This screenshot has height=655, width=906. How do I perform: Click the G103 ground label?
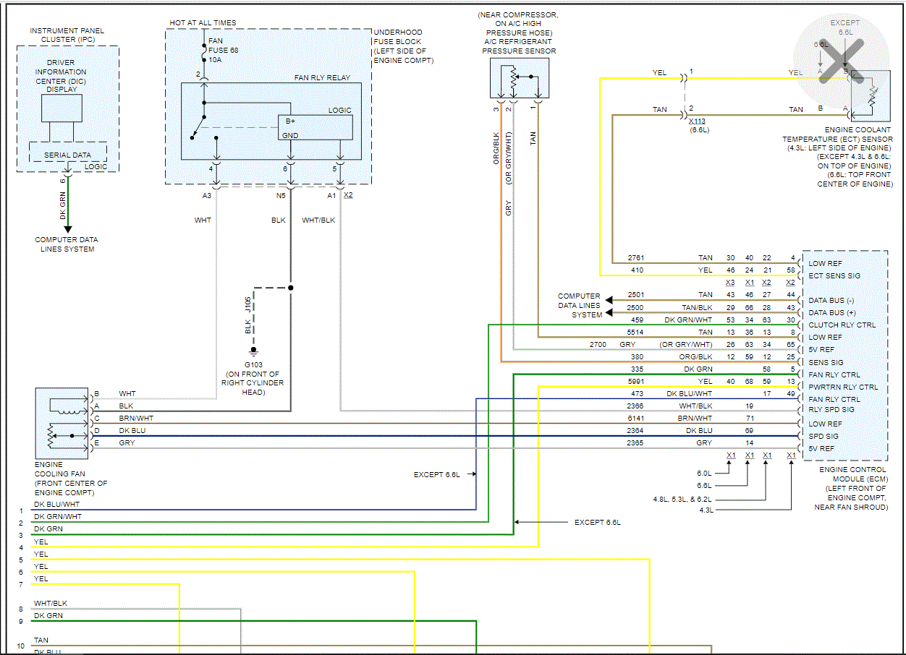pos(253,364)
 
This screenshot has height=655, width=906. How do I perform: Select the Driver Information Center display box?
pos(62,108)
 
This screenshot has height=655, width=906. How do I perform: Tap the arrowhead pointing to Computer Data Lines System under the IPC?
pos(68,229)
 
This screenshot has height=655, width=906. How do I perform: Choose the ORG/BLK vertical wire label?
pos(496,149)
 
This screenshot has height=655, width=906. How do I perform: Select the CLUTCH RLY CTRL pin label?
pos(842,325)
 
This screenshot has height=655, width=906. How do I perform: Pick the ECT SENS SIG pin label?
pos(835,275)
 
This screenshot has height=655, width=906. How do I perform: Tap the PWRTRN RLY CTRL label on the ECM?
pos(843,387)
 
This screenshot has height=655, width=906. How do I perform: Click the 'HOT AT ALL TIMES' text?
pos(203,23)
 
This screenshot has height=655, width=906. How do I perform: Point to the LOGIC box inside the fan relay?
pos(316,127)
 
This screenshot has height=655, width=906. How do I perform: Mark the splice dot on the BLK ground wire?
pos(291,288)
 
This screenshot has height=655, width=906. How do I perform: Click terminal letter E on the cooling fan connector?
pos(96,442)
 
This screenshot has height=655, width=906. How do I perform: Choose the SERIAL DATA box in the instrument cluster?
pos(67,155)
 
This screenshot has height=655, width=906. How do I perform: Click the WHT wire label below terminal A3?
pos(203,220)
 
